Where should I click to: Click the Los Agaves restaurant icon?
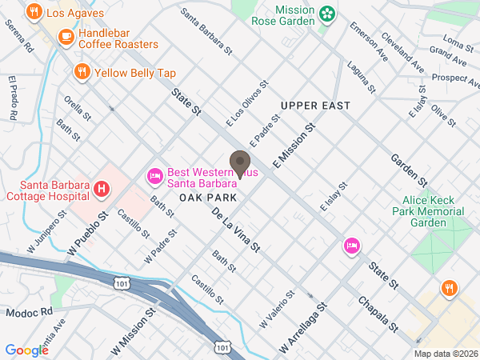click(x=34, y=12)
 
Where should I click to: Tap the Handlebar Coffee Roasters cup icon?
click(x=66, y=36)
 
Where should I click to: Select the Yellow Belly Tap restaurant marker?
click(x=82, y=73)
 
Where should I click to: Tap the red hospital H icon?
click(x=101, y=190)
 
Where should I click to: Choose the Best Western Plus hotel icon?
click(x=154, y=175)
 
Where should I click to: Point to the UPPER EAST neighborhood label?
click(x=316, y=106)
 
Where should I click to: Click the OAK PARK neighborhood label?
click(x=207, y=197)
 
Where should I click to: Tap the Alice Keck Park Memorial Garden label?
click(x=428, y=212)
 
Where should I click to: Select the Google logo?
click(x=26, y=350)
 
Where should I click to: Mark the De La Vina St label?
click(x=236, y=230)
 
